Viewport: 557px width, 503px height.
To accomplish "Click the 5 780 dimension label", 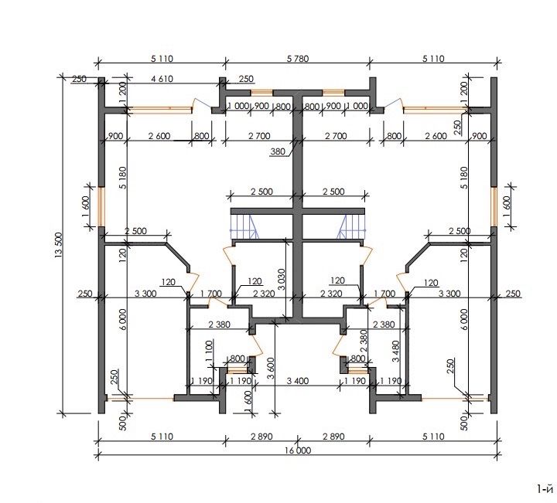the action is click(298, 59).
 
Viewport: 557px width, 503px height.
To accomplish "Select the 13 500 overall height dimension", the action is click(59, 244).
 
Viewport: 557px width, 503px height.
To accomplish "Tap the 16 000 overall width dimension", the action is click(298, 450).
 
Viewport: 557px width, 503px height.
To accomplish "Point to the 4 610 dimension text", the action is click(162, 79).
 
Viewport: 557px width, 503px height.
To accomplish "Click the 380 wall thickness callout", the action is click(278, 151).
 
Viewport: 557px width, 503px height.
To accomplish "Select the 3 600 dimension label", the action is click(271, 369).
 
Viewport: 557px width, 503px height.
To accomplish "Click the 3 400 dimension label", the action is click(298, 381).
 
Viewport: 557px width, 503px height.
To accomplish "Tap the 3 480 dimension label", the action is click(396, 352).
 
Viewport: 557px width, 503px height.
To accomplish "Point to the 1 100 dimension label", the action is click(209, 351).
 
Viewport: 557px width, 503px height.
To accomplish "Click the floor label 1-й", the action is click(545, 490).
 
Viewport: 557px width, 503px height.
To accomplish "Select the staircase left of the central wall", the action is click(244, 226).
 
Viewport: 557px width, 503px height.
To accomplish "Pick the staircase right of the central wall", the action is click(352, 226).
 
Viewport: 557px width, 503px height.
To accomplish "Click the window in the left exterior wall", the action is click(101, 206).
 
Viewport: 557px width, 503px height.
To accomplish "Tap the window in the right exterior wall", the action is click(494, 206).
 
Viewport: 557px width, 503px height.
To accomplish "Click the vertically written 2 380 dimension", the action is click(364, 341).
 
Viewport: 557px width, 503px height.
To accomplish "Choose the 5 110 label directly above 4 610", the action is click(162, 59).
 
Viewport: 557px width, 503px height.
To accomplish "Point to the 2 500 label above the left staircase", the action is click(261, 192).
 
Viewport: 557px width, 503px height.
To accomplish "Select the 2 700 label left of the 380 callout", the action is click(259, 136).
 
